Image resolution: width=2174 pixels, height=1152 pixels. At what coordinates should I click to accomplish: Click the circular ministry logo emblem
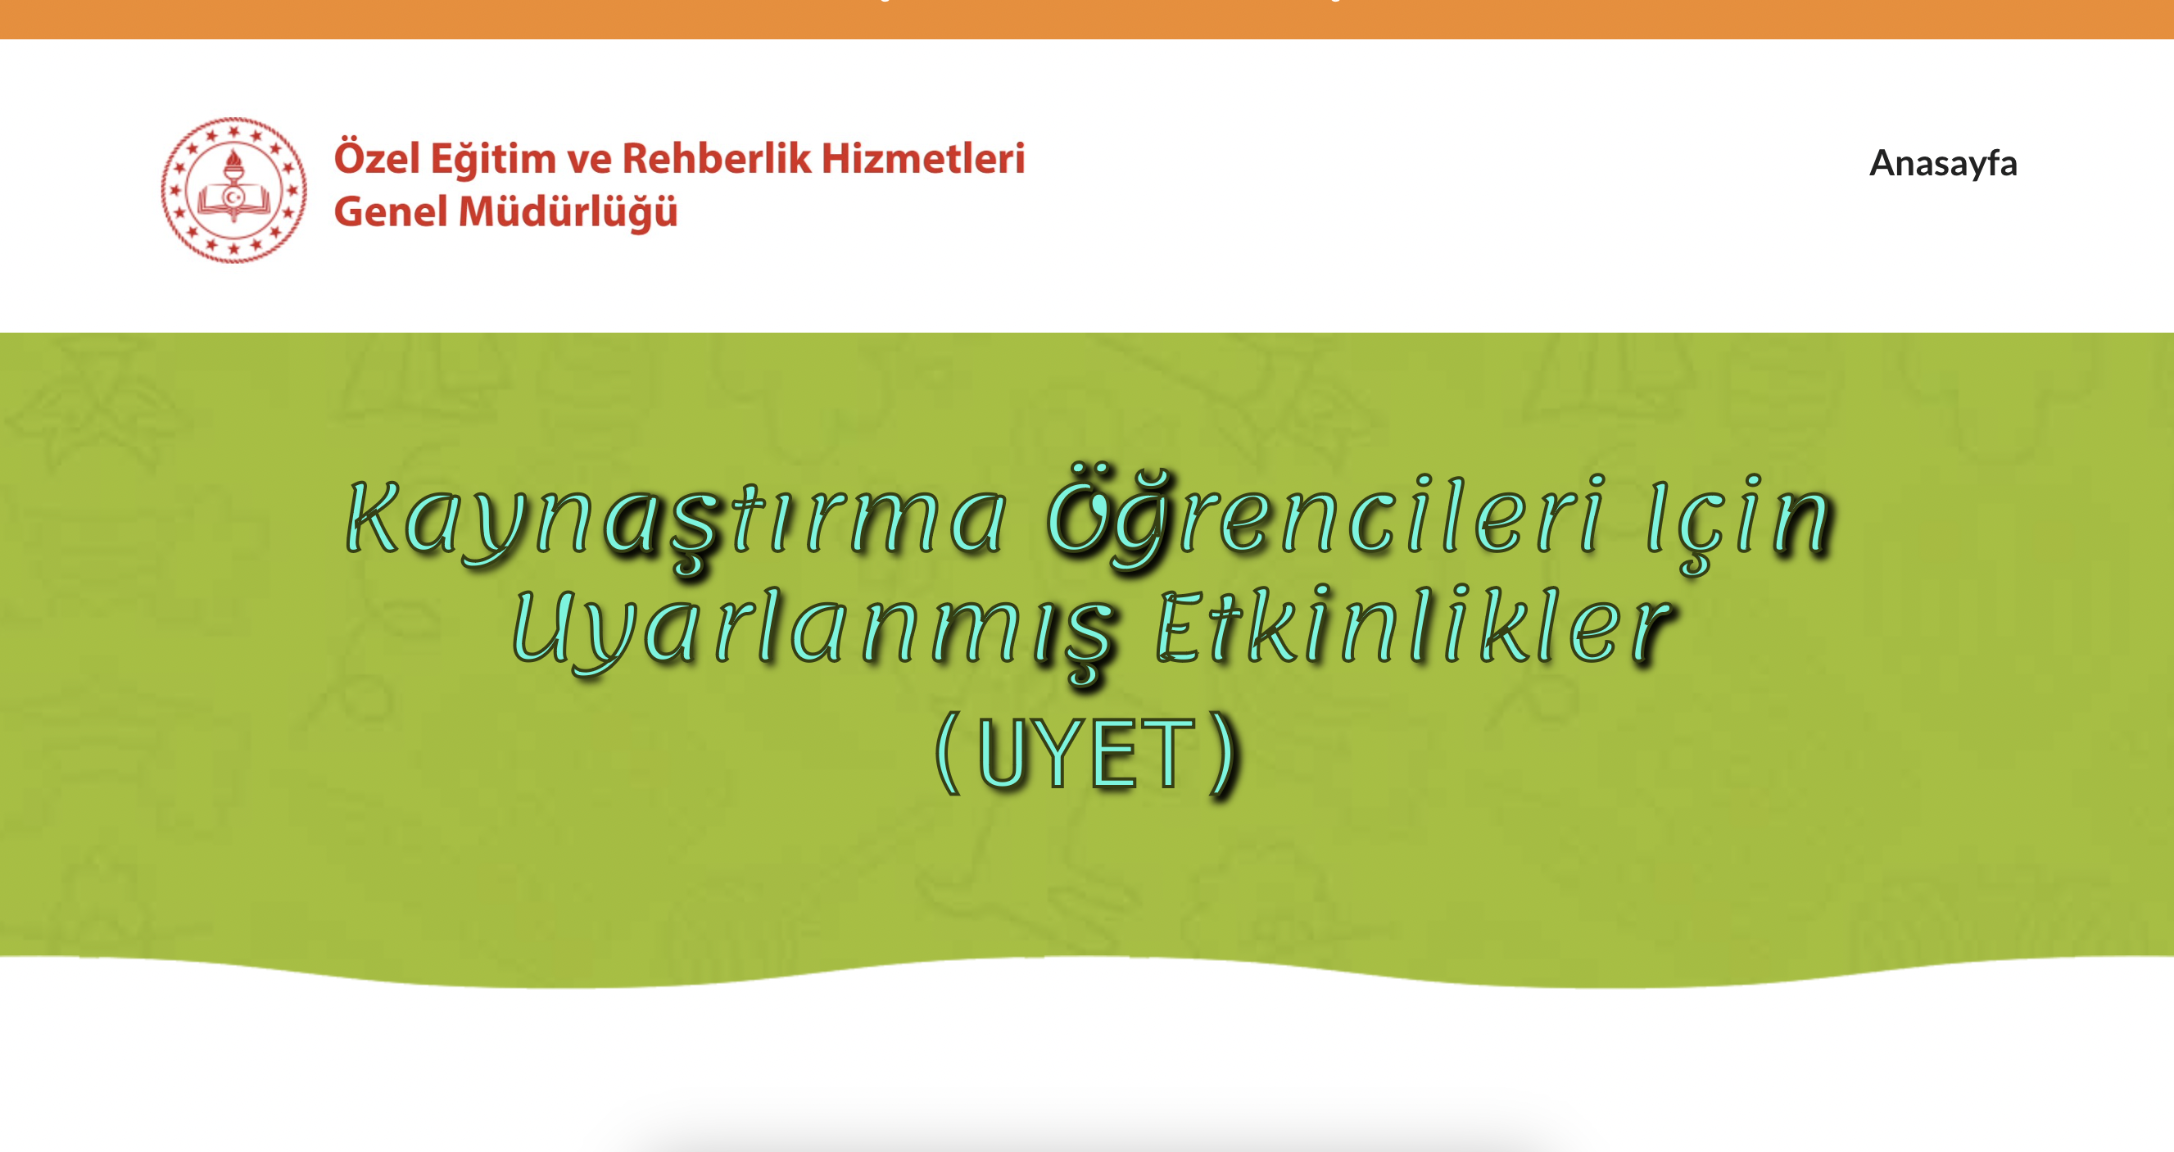tap(233, 190)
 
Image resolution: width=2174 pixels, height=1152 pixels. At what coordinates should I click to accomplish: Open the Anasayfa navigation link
tap(1943, 163)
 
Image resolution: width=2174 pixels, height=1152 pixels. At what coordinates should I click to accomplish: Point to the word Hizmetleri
tap(923, 159)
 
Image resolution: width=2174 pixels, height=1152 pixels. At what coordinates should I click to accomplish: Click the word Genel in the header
tap(390, 211)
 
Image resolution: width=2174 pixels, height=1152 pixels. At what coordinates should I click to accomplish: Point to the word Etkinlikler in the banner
tap(1411, 626)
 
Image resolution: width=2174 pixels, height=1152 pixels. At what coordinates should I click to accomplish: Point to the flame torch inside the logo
tap(233, 165)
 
